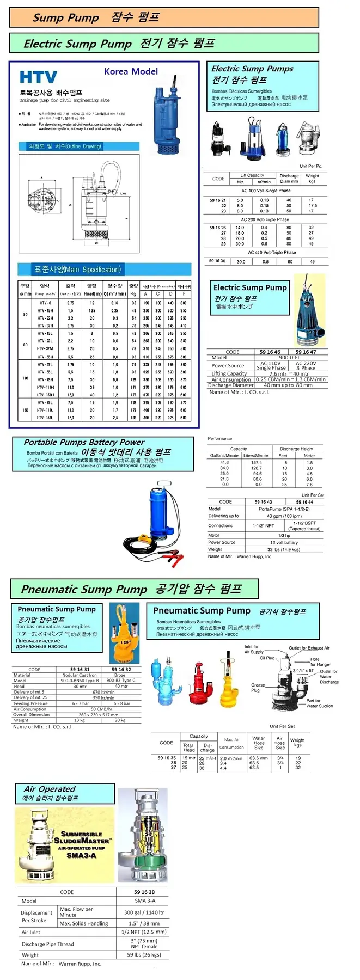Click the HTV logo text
[x=38, y=78]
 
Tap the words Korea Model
[x=131, y=71]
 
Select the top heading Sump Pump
[x=66, y=18]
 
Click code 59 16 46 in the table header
[x=270, y=352]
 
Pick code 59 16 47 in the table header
[x=306, y=352]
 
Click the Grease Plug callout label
[x=258, y=688]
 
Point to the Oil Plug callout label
[x=267, y=658]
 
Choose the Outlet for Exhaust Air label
[x=309, y=648]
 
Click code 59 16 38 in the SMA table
[x=144, y=892]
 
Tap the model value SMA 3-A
[x=144, y=901]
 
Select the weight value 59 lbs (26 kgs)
[x=144, y=954]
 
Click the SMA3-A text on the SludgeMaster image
[x=81, y=855]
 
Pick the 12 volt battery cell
[x=284, y=542]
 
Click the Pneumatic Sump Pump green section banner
[x=134, y=589]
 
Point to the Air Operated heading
[x=50, y=789]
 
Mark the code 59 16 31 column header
[x=80, y=670]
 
